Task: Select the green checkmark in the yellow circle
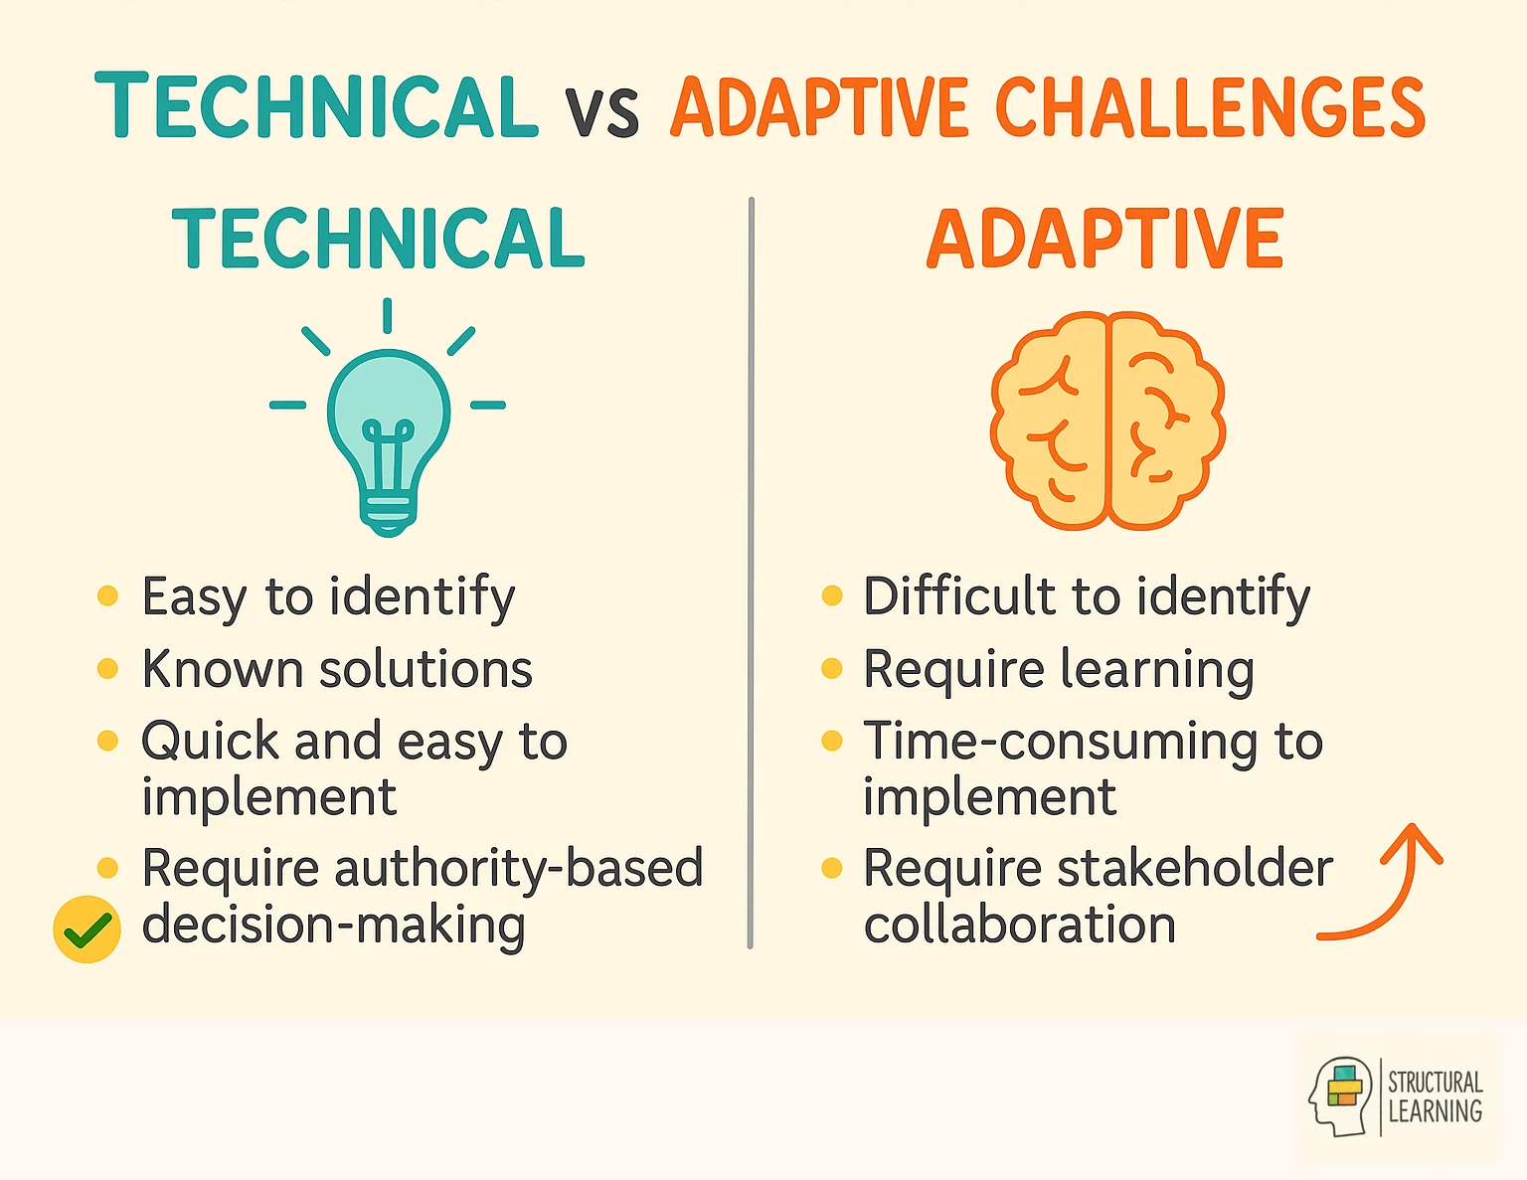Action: tap(87, 929)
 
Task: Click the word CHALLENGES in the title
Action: tap(1210, 107)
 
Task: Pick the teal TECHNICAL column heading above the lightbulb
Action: tap(378, 239)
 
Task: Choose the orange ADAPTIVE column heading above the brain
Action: tap(1105, 239)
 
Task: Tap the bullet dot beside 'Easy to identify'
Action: tap(107, 596)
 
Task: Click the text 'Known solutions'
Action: tap(337, 669)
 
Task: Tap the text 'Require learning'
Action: tap(1058, 669)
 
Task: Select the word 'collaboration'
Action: tap(1019, 925)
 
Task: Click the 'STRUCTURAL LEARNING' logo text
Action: tap(1435, 1096)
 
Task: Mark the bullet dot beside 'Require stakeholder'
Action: tap(832, 869)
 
